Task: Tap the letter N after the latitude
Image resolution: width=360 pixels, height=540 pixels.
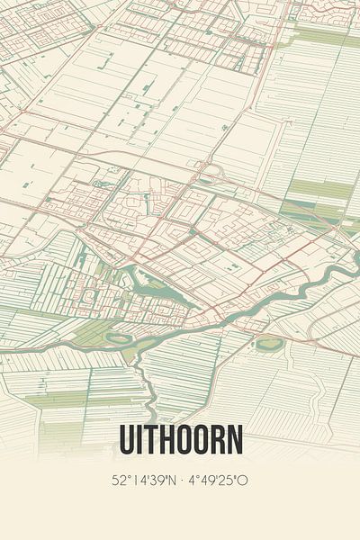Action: click(168, 480)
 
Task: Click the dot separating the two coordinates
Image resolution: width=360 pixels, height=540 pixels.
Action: click(181, 481)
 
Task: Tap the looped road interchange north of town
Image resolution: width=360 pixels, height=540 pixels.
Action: click(214, 171)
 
